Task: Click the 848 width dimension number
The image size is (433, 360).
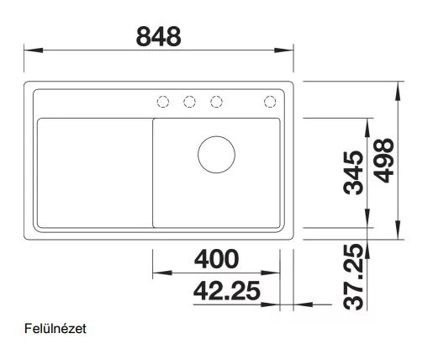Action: (x=159, y=36)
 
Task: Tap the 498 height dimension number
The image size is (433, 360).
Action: (x=383, y=161)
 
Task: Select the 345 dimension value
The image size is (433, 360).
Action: (x=353, y=172)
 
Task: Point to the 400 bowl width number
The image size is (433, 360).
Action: (x=216, y=259)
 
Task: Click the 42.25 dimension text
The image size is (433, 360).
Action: (x=227, y=291)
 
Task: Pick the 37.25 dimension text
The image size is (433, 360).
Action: (x=353, y=278)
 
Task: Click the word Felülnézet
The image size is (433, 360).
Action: (x=55, y=329)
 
